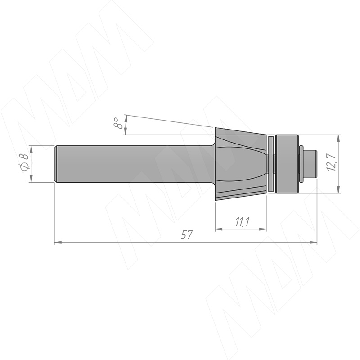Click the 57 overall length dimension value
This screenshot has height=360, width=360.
[186, 235]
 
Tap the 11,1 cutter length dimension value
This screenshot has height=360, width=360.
[243, 222]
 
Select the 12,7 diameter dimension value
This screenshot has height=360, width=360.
[332, 162]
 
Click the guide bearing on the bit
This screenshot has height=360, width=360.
[287, 164]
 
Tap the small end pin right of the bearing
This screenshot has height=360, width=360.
[310, 164]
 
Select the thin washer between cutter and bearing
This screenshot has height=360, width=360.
[271, 164]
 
